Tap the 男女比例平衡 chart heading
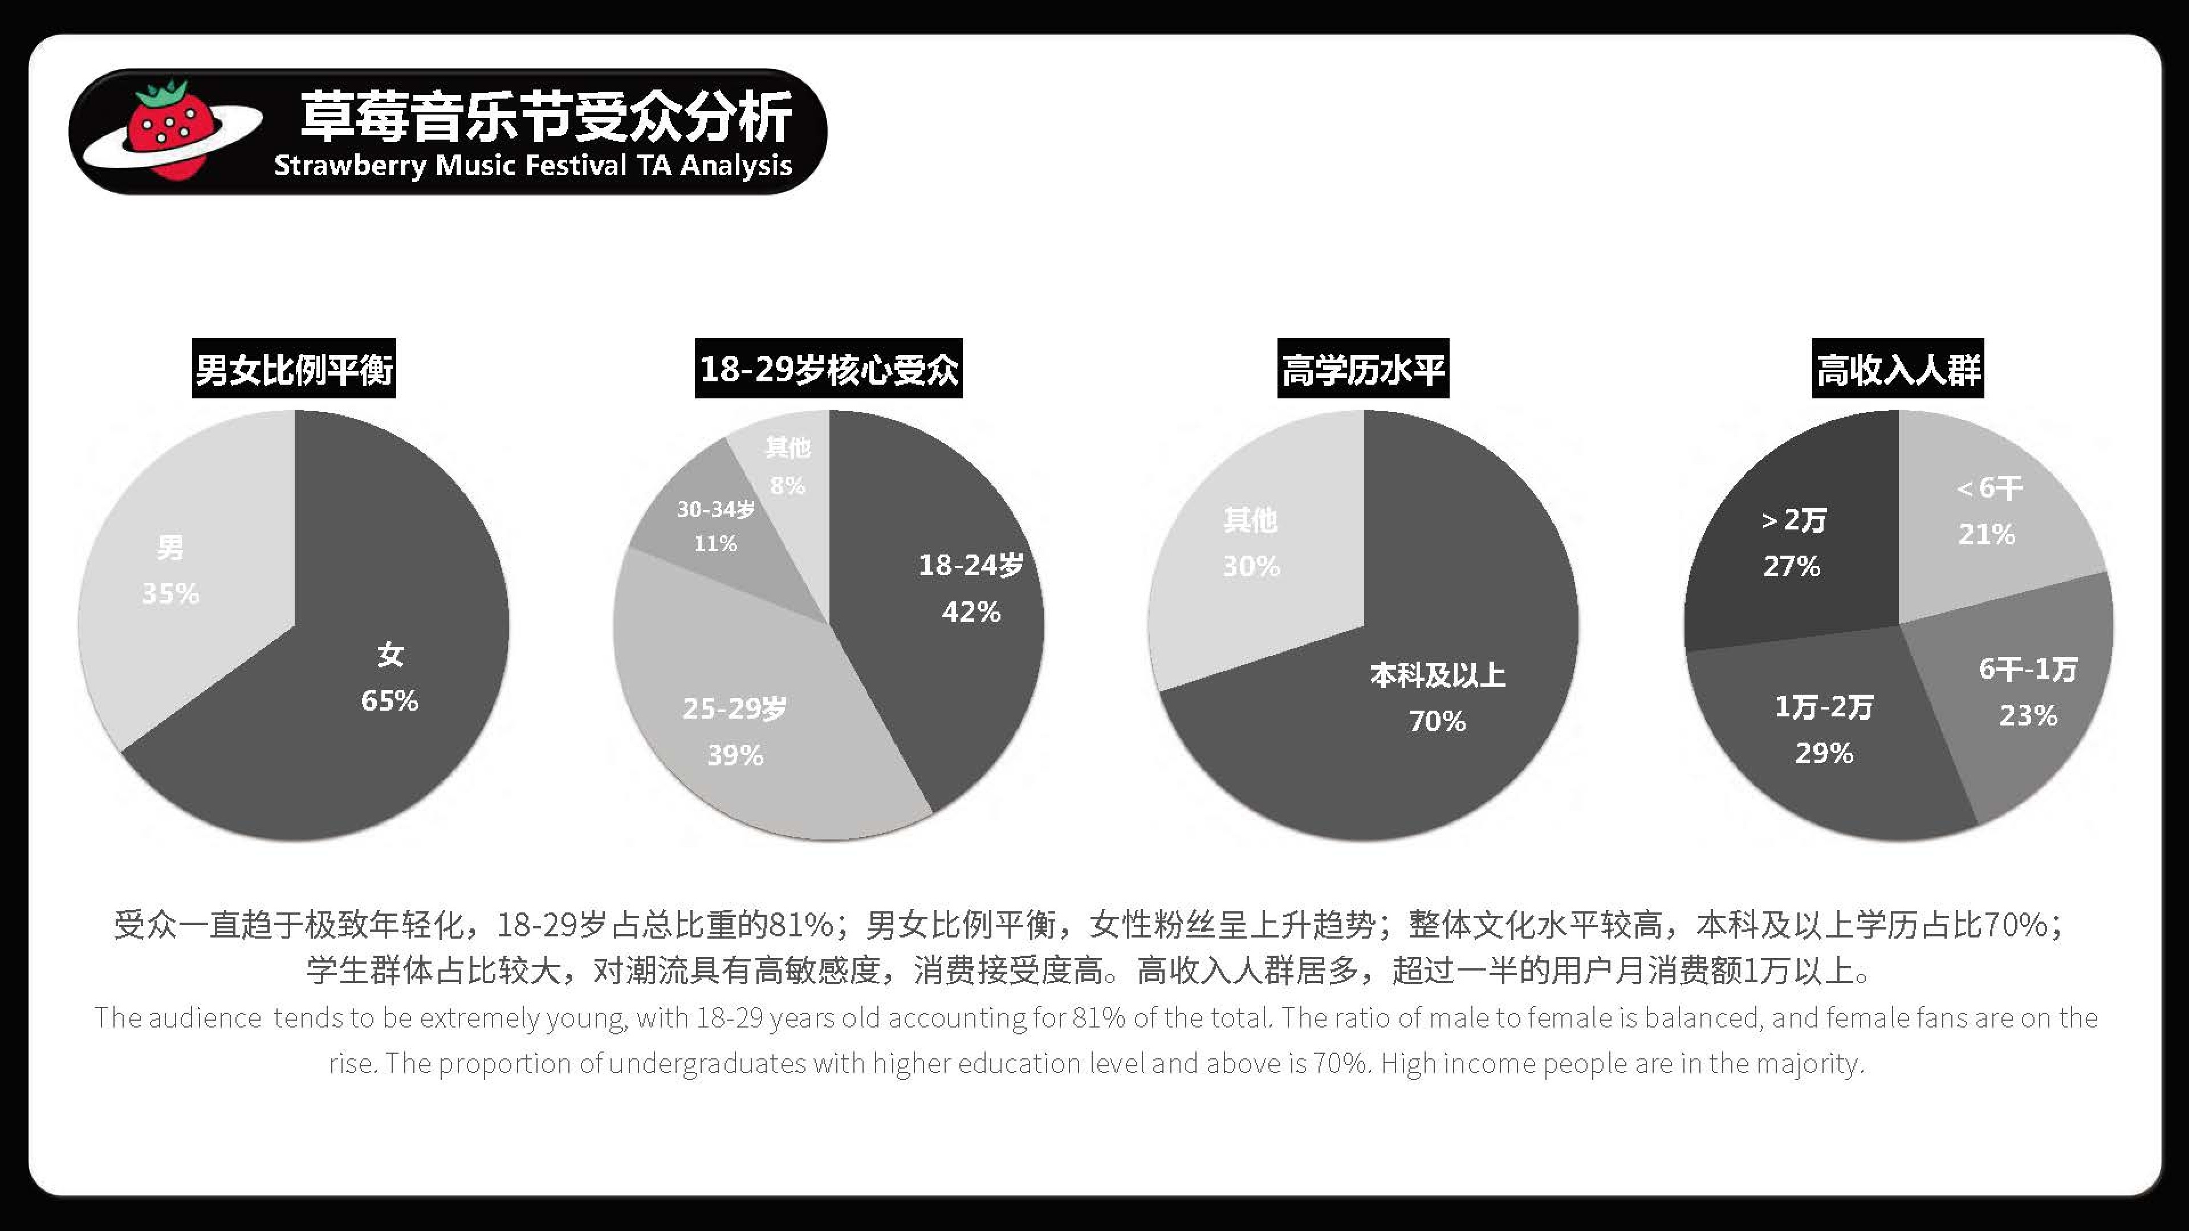pos(294,369)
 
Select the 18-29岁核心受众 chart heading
pos(828,369)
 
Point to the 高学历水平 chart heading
pos(1363,369)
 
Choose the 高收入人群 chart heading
pos(1898,369)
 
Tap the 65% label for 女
pos(389,701)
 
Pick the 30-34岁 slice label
pos(715,509)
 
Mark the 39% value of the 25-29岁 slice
pos(735,755)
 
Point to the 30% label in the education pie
pos(1251,566)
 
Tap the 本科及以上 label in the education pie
pos(1437,675)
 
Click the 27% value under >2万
pos(1791,566)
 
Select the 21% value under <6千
pos(1986,535)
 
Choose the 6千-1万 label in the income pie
pos(2028,670)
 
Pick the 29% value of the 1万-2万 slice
pos(1824,753)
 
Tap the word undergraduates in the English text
pos(707,1063)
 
